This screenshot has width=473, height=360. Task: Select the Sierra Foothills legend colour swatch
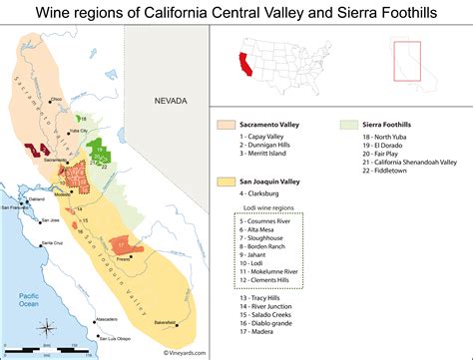point(349,127)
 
